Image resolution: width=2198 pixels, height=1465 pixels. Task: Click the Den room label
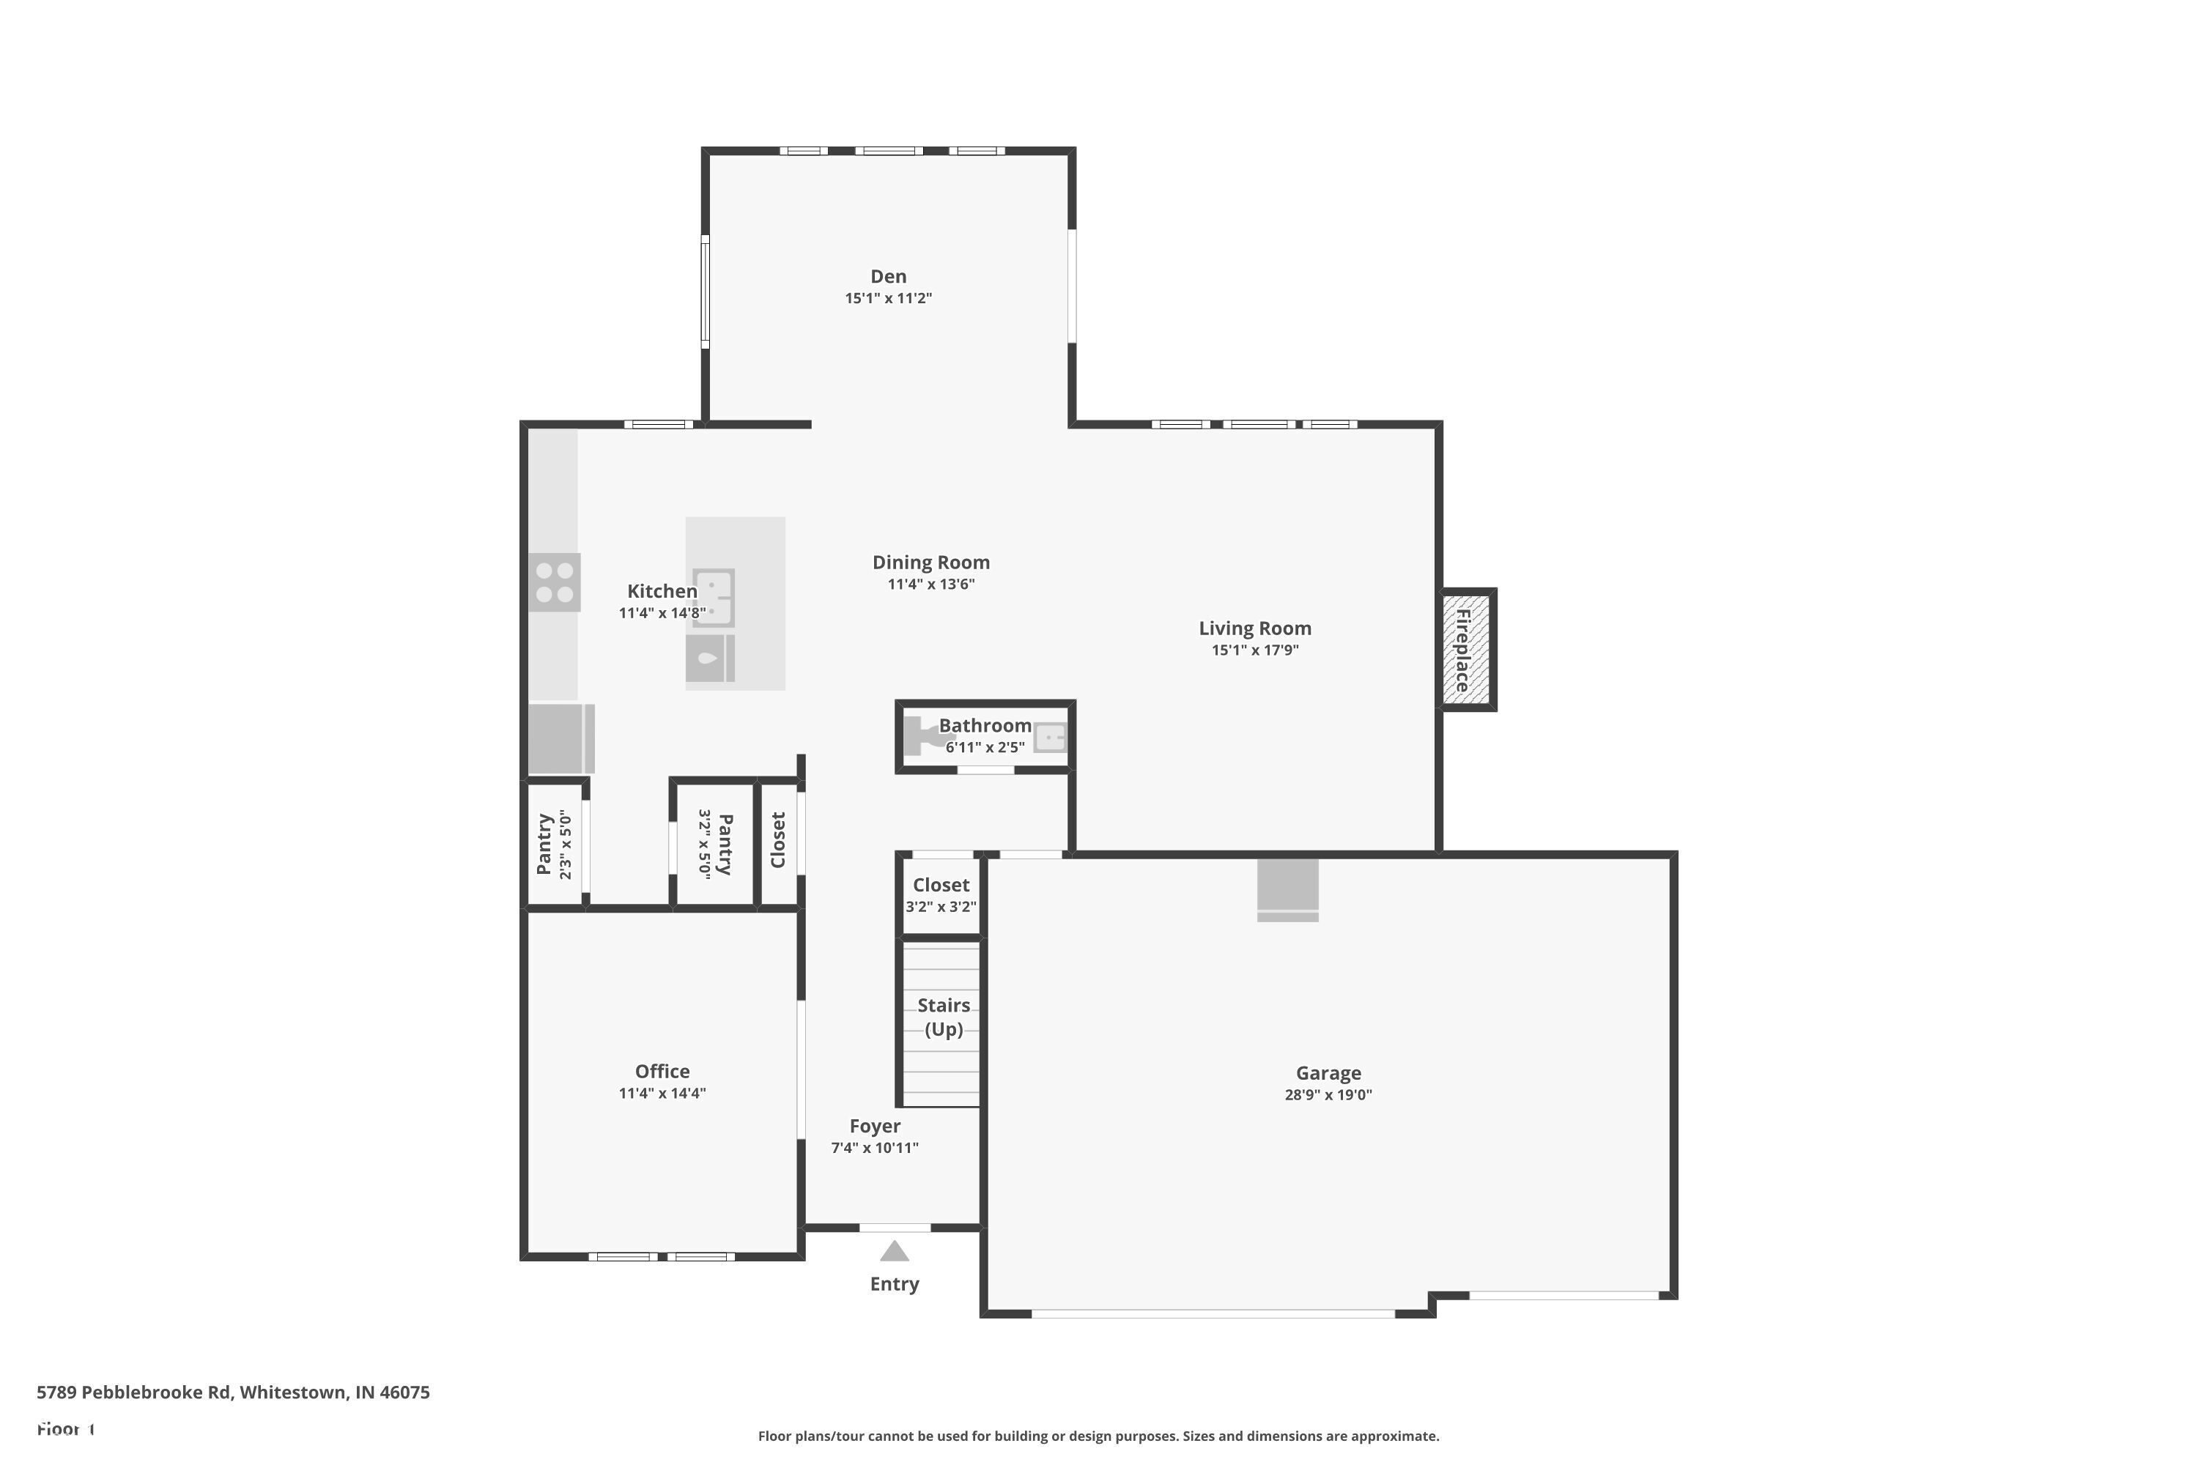tap(888, 277)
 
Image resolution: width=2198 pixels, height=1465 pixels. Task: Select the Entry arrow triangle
tap(895, 1251)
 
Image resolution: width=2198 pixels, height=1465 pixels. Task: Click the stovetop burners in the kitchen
tap(554, 582)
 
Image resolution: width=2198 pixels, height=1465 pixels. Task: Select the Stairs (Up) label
tap(943, 1017)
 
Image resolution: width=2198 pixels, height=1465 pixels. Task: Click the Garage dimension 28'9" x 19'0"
tap(1327, 1095)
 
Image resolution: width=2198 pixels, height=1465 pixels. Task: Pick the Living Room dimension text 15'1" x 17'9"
tap(1254, 650)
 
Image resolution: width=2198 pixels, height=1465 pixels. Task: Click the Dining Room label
tap(930, 563)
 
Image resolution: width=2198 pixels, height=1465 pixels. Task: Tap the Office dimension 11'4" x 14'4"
tap(662, 1093)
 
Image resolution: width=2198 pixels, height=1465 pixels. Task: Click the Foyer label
tap(875, 1126)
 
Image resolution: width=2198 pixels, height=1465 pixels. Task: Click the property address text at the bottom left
tap(233, 1392)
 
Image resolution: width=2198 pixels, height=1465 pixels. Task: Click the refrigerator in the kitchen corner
tap(560, 738)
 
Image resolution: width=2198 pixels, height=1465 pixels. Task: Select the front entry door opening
tap(895, 1228)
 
